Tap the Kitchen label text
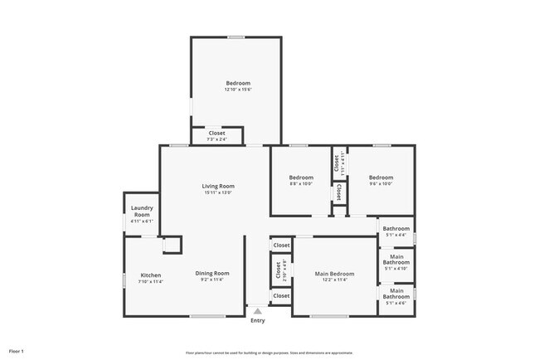click(150, 275)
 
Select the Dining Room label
click(212, 273)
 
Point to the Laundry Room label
click(140, 212)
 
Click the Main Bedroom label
click(334, 274)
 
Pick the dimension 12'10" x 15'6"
click(238, 90)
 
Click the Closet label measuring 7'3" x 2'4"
click(216, 133)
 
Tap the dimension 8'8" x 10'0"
click(301, 185)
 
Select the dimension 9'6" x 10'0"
click(381, 185)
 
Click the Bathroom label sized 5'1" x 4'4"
click(396, 228)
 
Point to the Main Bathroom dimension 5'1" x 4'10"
click(396, 268)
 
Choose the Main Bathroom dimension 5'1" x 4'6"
click(396, 303)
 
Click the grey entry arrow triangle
click(258, 310)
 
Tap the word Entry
click(258, 320)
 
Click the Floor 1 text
click(17, 351)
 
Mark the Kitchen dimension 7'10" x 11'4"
click(150, 281)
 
